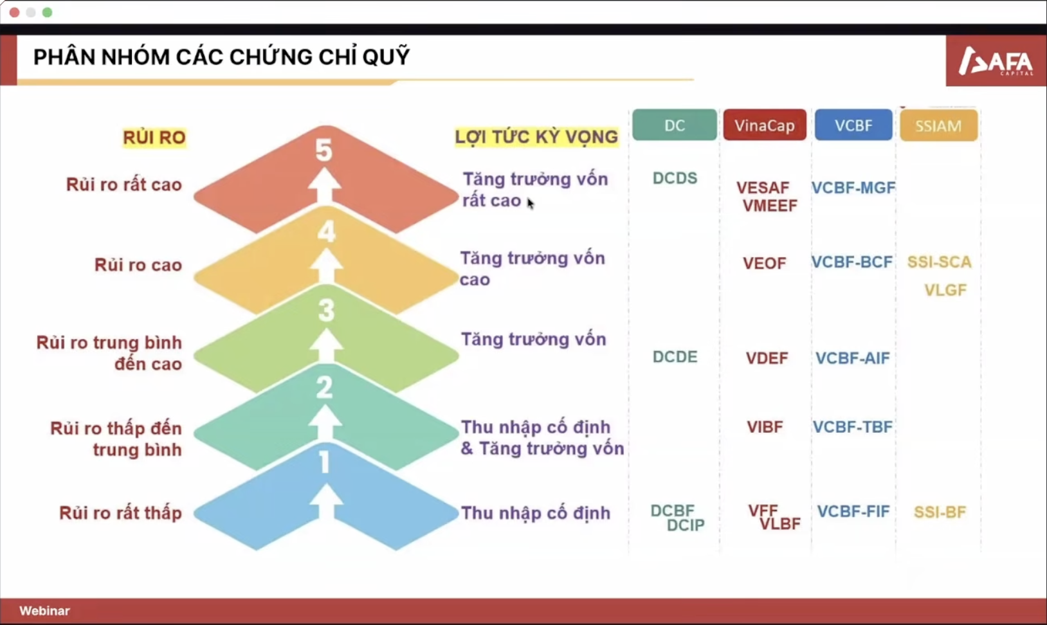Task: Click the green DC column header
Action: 674,125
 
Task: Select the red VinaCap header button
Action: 765,125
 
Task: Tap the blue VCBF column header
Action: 853,125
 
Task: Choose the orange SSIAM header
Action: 938,125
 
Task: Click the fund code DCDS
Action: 675,178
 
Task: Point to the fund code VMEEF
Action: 770,206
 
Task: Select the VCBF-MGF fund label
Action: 853,188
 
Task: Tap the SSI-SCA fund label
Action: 940,262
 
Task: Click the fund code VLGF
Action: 945,290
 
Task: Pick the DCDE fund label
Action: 675,357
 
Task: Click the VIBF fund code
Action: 765,427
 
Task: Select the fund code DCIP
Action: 685,525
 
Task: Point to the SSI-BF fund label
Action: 940,512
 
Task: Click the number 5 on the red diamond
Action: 324,150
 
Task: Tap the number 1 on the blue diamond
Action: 324,463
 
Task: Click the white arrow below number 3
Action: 326,345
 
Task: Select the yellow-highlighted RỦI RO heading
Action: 154,138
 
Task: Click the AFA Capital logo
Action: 996,61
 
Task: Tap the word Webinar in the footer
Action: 44,610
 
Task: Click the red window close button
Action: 15,12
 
